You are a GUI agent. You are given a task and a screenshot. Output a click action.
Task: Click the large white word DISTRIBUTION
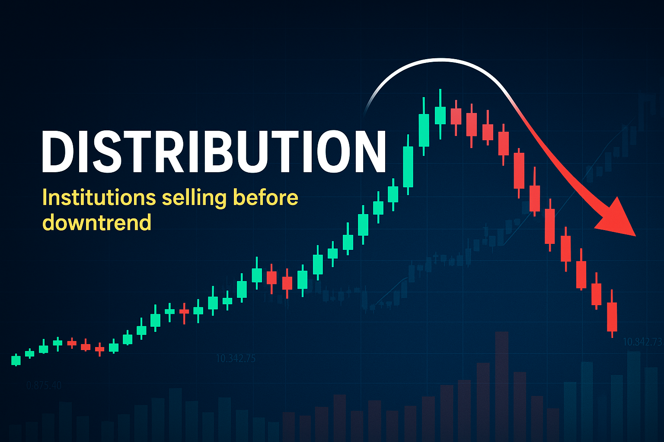click(213, 151)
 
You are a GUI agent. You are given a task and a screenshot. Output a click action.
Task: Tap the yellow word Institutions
click(99, 198)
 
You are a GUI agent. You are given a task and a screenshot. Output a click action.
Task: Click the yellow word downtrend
click(97, 223)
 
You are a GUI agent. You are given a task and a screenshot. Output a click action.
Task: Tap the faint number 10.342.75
click(236, 358)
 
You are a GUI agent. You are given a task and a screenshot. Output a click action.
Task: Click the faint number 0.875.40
click(44, 385)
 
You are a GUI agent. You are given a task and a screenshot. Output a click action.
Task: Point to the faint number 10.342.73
click(642, 342)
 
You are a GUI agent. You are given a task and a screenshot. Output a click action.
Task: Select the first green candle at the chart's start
click(16, 360)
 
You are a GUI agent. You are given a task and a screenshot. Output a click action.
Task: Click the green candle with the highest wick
click(440, 115)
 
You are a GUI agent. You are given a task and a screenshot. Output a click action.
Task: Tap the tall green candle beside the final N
click(408, 166)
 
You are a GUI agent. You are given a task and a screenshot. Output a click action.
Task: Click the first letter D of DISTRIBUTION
click(58, 151)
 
